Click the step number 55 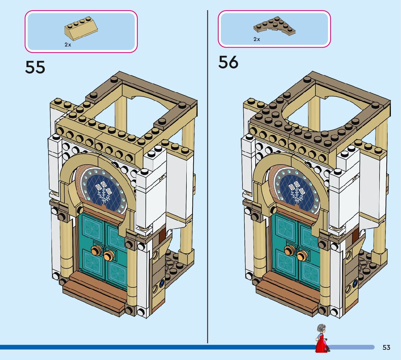coord(35,67)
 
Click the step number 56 coord(228,62)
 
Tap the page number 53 coord(386,347)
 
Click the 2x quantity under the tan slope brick coord(68,45)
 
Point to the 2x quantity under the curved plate coord(257,39)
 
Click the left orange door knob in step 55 coord(97,250)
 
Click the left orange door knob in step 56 coord(290,250)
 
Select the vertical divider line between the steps coord(207,181)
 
